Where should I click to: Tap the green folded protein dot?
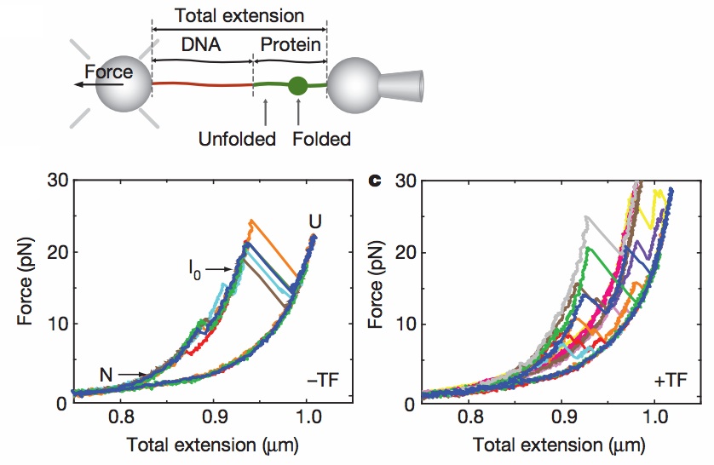click(297, 85)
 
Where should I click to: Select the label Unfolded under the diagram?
click(237, 138)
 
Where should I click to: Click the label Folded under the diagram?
click(321, 138)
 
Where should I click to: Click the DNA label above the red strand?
click(202, 46)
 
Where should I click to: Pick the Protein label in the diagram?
click(291, 46)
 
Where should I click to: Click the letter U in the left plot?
click(315, 223)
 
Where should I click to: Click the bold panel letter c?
click(371, 181)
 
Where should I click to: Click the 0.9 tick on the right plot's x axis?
click(561, 419)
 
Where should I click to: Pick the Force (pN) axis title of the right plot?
click(374, 292)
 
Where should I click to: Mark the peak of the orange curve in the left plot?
click(250, 221)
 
